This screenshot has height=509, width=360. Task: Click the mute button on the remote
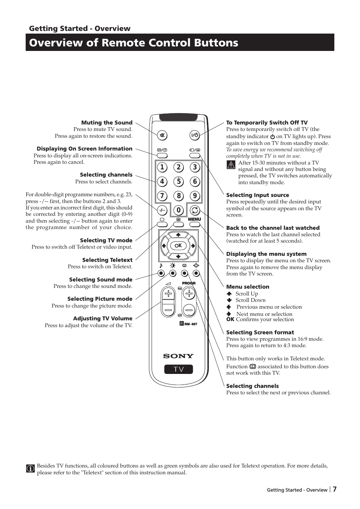click(x=162, y=135)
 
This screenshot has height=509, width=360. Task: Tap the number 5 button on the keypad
click(x=178, y=181)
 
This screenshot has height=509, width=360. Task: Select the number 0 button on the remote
click(x=178, y=210)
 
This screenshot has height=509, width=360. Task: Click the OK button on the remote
click(x=178, y=246)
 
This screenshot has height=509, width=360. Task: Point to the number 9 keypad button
click(x=195, y=196)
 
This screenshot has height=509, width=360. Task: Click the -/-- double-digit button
click(x=162, y=210)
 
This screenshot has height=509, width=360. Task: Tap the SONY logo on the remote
click(x=178, y=356)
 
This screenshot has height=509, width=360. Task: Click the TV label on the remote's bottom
click(x=178, y=369)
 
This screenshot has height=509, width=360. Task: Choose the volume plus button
click(x=168, y=294)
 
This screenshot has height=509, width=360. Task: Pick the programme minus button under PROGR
click(x=189, y=310)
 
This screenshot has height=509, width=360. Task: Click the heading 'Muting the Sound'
click(x=107, y=123)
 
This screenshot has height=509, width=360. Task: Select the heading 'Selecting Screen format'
click(x=260, y=332)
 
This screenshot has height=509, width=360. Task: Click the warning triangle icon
click(x=231, y=165)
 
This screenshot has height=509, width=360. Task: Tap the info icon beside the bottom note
click(x=31, y=469)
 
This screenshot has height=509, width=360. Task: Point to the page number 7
click(x=335, y=489)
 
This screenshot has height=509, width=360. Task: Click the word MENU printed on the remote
click(x=194, y=219)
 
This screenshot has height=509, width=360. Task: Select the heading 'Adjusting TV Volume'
click(x=103, y=318)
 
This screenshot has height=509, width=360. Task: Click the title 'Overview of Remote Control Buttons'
click(x=134, y=43)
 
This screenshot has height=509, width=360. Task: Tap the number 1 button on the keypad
click(x=162, y=167)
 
